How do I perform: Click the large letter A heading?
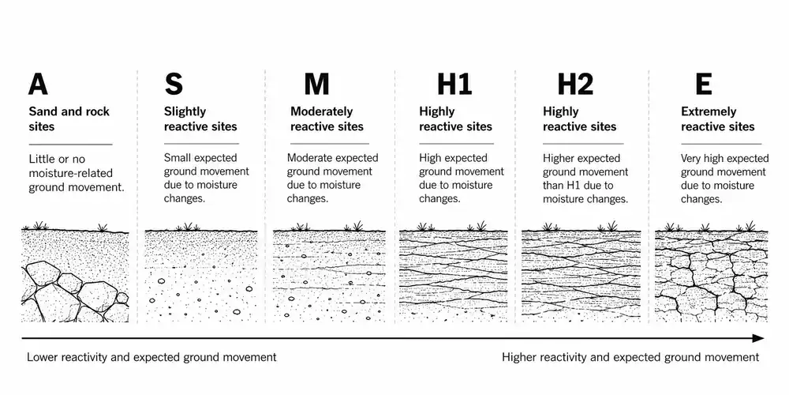pyautogui.click(x=38, y=85)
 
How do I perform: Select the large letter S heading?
pyautogui.click(x=174, y=85)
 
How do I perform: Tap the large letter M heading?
pyautogui.click(x=316, y=85)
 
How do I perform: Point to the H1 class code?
pyautogui.click(x=454, y=85)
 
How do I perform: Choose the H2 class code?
pyautogui.click(x=576, y=85)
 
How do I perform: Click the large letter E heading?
pyautogui.click(x=704, y=85)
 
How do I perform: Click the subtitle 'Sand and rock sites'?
pyautogui.click(x=69, y=119)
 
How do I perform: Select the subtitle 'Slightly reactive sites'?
pyautogui.click(x=200, y=119)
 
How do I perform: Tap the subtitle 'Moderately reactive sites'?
pyautogui.click(x=327, y=119)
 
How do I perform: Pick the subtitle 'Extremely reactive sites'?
pyautogui.click(x=717, y=119)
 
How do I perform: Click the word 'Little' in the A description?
pyautogui.click(x=41, y=160)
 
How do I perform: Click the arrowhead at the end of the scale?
pyautogui.click(x=759, y=338)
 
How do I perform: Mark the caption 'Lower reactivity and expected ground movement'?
pyautogui.click(x=151, y=357)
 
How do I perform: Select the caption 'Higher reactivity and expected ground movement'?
pyautogui.click(x=630, y=357)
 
